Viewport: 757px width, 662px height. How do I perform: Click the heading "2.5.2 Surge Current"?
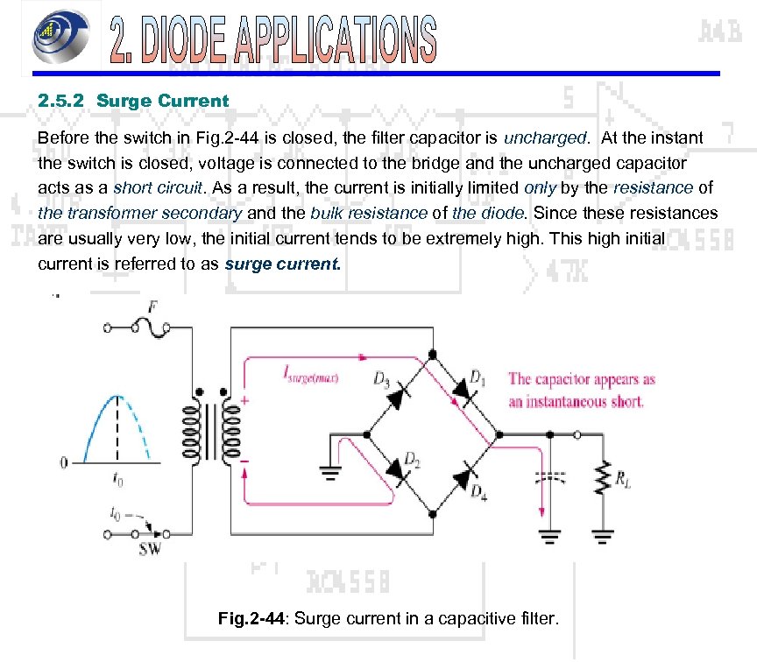pyautogui.click(x=133, y=101)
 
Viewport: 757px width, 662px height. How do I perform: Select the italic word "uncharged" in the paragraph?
pyautogui.click(x=544, y=138)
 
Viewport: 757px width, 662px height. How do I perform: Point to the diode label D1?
pyautogui.click(x=478, y=377)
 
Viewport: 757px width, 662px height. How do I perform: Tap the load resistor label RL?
pyautogui.click(x=623, y=478)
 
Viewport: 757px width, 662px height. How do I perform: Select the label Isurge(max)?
pyautogui.click(x=312, y=377)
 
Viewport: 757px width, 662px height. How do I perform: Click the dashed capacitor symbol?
pyautogui.click(x=550, y=478)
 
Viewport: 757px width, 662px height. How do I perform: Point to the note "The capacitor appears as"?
pyautogui.click(x=582, y=379)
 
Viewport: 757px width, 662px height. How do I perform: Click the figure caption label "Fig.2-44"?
pyautogui.click(x=251, y=619)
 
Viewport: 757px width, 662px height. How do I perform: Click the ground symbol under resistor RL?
pyautogui.click(x=601, y=532)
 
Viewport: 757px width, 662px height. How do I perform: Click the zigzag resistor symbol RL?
pyautogui.click(x=601, y=478)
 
